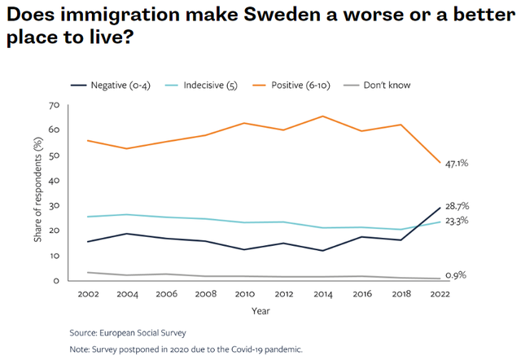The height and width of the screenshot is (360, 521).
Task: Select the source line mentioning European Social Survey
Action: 128,333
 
